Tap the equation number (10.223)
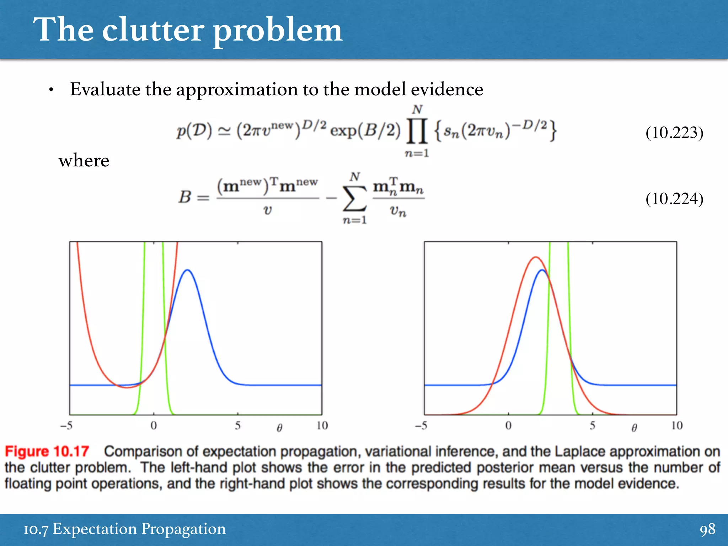pyautogui.click(x=674, y=133)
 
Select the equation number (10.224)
pyautogui.click(x=674, y=199)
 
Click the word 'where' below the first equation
pyautogui.click(x=84, y=161)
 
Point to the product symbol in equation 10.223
pyautogui.click(x=417, y=131)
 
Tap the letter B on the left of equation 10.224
pyautogui.click(x=185, y=197)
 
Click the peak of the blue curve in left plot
pyautogui.click(x=188, y=270)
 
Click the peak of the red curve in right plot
pyautogui.click(x=536, y=257)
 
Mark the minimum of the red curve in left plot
pyautogui.click(x=127, y=387)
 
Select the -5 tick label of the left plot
pyautogui.click(x=66, y=425)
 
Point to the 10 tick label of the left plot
pyautogui.click(x=322, y=425)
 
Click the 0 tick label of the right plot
pyautogui.click(x=508, y=425)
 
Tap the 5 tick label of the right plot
pyautogui.click(x=592, y=425)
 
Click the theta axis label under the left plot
pyautogui.click(x=280, y=428)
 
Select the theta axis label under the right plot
pyautogui.click(x=634, y=428)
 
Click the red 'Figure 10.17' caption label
pyautogui.click(x=47, y=451)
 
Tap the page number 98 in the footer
pyautogui.click(x=707, y=529)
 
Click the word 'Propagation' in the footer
pyautogui.click(x=183, y=529)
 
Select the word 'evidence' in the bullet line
pyautogui.click(x=447, y=89)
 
